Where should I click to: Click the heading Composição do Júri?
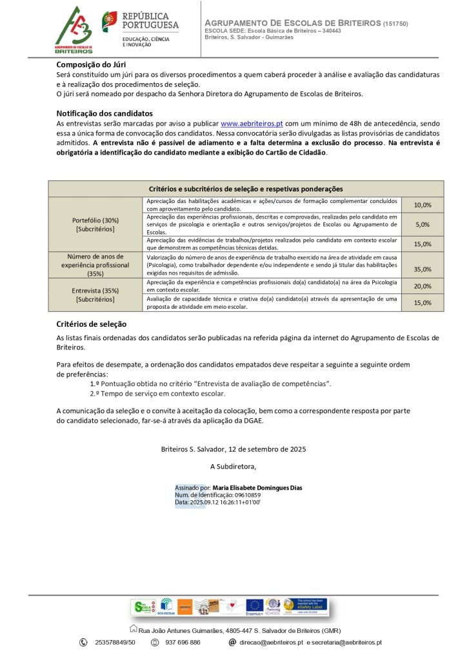pyautogui.click(x=91, y=64)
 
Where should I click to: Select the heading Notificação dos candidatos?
pyautogui.click(x=104, y=113)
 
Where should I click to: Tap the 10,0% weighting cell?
pyautogui.click(x=422, y=205)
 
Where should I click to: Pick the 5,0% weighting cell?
pyautogui.click(x=422, y=224)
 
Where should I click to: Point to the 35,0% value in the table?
pyautogui.click(x=422, y=269)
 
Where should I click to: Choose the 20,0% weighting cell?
pyautogui.click(x=422, y=286)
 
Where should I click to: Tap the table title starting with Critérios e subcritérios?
pyautogui.click(x=246, y=189)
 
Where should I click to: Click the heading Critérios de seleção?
pyautogui.click(x=92, y=324)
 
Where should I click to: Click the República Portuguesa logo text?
pyautogui.click(x=150, y=21)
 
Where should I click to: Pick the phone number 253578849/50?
pyautogui.click(x=115, y=643)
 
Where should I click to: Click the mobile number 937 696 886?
pyautogui.click(x=183, y=643)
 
